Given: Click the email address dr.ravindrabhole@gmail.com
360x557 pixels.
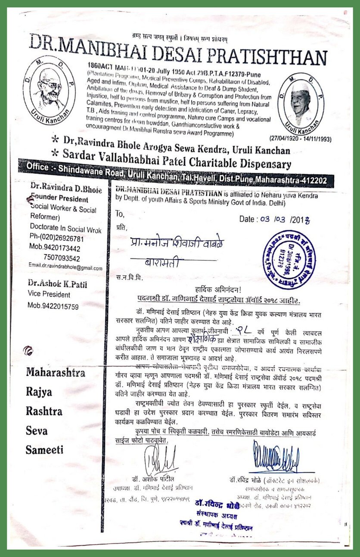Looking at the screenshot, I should point(65,268).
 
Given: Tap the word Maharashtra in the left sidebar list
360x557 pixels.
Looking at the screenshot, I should point(55,372).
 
